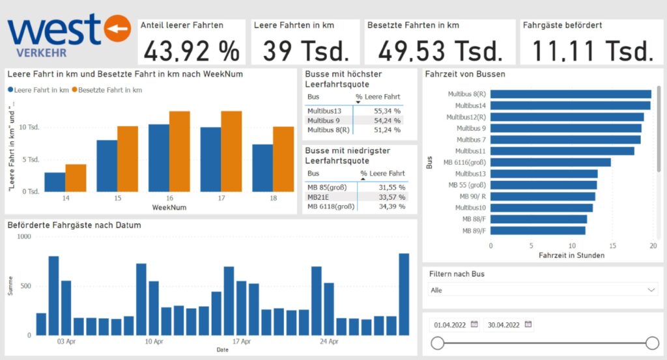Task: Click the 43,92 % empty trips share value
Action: [191, 50]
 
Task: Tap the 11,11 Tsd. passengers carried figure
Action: [592, 50]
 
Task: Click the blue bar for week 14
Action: [55, 182]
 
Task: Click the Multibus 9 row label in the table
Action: [324, 120]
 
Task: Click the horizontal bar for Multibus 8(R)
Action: [570, 94]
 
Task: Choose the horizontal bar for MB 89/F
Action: [537, 230]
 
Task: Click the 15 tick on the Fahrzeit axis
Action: [613, 246]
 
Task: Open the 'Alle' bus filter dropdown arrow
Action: [651, 290]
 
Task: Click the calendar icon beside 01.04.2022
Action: [474, 324]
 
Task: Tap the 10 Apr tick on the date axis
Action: [154, 341]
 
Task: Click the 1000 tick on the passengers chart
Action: [23, 237]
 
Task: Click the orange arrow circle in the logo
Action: [118, 28]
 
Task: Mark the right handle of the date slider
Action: [652, 343]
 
